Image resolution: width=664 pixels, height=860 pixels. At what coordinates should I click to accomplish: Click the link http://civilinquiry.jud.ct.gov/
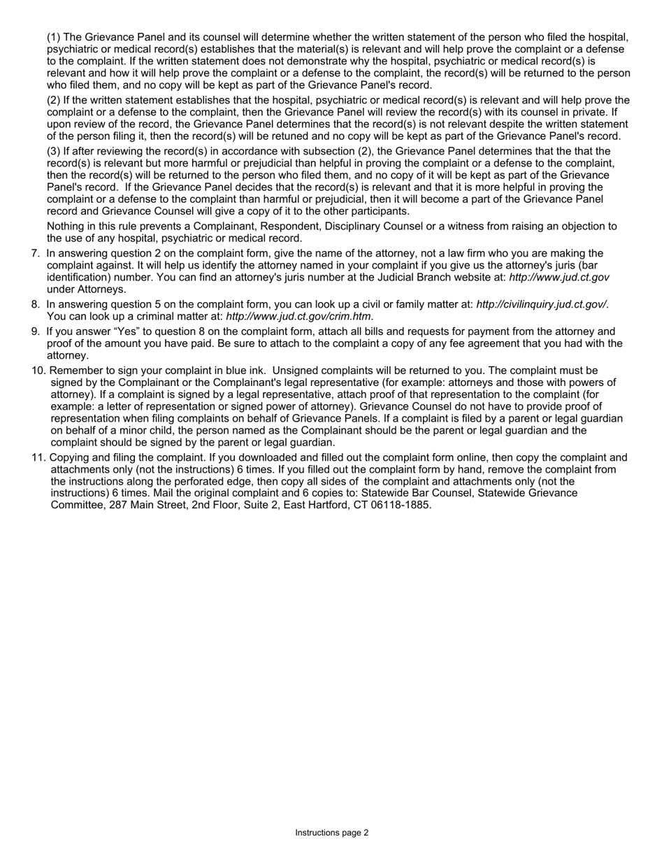tap(541, 305)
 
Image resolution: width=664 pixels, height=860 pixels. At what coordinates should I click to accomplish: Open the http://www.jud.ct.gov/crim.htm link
tap(298, 317)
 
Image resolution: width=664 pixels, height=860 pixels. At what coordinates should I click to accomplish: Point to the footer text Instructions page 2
tap(331, 833)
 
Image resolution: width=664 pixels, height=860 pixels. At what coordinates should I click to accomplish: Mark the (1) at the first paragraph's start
tap(54, 37)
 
